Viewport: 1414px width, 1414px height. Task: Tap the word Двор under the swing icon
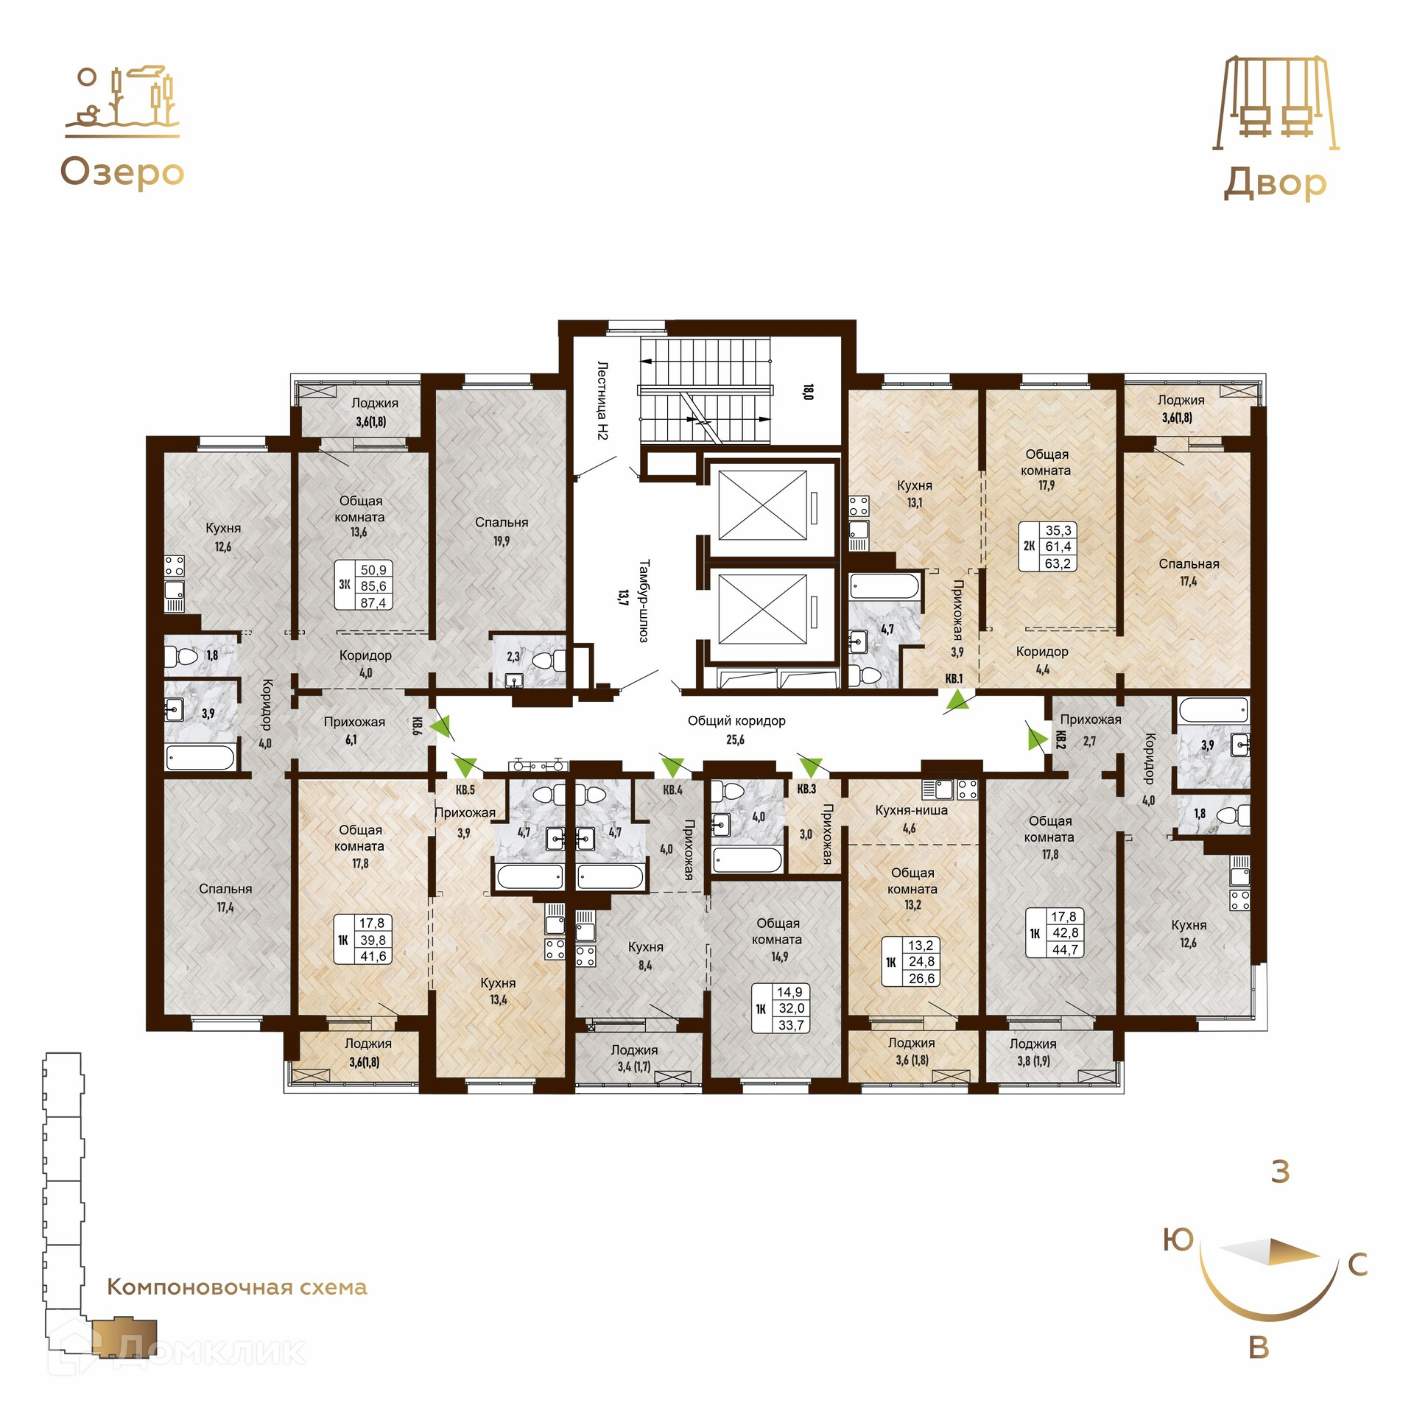(x=1275, y=183)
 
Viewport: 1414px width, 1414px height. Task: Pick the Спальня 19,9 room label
(x=502, y=531)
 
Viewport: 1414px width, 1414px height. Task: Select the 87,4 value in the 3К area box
(x=373, y=602)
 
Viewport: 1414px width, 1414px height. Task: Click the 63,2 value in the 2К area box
(x=1058, y=563)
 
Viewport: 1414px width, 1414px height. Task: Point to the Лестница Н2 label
(x=602, y=401)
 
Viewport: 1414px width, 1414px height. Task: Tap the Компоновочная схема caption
(x=237, y=1287)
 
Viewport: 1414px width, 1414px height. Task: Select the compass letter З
(x=1281, y=1171)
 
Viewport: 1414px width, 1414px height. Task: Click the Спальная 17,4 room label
(x=1189, y=572)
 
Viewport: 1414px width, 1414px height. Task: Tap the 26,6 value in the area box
(x=921, y=979)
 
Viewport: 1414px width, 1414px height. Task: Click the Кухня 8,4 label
(x=645, y=955)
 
